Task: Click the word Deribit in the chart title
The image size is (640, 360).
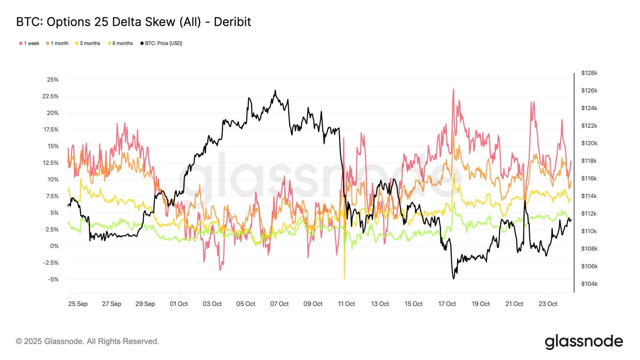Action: pyautogui.click(x=232, y=22)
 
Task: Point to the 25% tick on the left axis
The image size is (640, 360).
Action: pyautogui.click(x=53, y=80)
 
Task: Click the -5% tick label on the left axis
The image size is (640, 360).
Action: pyautogui.click(x=53, y=279)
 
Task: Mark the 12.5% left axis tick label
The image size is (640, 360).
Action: pyautogui.click(x=51, y=163)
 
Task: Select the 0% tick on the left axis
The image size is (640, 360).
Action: pyautogui.click(x=54, y=246)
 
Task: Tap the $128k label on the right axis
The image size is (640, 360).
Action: pyautogui.click(x=589, y=73)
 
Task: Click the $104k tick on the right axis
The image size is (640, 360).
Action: pyautogui.click(x=589, y=284)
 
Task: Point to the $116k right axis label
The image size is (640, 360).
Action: pyautogui.click(x=589, y=178)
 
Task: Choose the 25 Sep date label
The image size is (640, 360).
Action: pyautogui.click(x=78, y=304)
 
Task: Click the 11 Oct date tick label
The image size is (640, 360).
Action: pyautogui.click(x=346, y=304)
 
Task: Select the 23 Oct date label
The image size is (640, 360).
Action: pyautogui.click(x=548, y=304)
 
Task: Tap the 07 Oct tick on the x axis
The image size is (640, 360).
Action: pyautogui.click(x=279, y=304)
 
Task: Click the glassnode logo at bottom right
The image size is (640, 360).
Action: pyautogui.click(x=584, y=342)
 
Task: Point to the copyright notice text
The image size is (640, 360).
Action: pyautogui.click(x=88, y=341)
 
